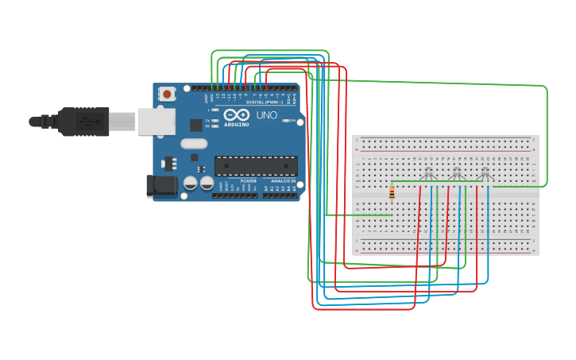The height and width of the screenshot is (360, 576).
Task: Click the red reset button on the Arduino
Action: pyautogui.click(x=167, y=94)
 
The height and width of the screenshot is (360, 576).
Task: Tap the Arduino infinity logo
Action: pyautogui.click(x=236, y=115)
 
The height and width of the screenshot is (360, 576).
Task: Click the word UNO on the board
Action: pyautogui.click(x=266, y=115)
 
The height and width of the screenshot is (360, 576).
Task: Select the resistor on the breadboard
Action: pyautogui.click(x=392, y=192)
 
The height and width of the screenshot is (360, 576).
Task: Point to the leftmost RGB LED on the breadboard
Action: pyautogui.click(x=429, y=173)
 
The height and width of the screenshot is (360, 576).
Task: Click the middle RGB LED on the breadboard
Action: pyautogui.click(x=456, y=173)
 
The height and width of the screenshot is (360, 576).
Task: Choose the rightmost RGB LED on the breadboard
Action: pyautogui.click(x=485, y=173)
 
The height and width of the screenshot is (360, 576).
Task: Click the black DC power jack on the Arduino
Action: pyautogui.click(x=162, y=186)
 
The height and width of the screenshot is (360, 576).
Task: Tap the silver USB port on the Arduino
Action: pyautogui.click(x=157, y=121)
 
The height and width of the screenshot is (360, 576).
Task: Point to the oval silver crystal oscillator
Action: pyautogui.click(x=193, y=144)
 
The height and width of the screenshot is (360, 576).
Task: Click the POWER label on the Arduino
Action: pyautogui.click(x=249, y=181)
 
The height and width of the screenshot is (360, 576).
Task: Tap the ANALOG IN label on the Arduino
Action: pyautogui.click(x=283, y=181)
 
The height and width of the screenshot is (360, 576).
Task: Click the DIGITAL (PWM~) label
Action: pyautogui.click(x=264, y=103)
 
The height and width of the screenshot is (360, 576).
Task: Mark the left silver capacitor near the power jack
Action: pyautogui.click(x=191, y=183)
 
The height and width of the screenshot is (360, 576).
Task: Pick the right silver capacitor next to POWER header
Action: pyautogui.click(x=207, y=183)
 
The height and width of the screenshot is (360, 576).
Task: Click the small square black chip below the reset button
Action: pyautogui.click(x=195, y=125)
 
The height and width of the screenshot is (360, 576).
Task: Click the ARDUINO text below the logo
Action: pyautogui.click(x=236, y=125)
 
